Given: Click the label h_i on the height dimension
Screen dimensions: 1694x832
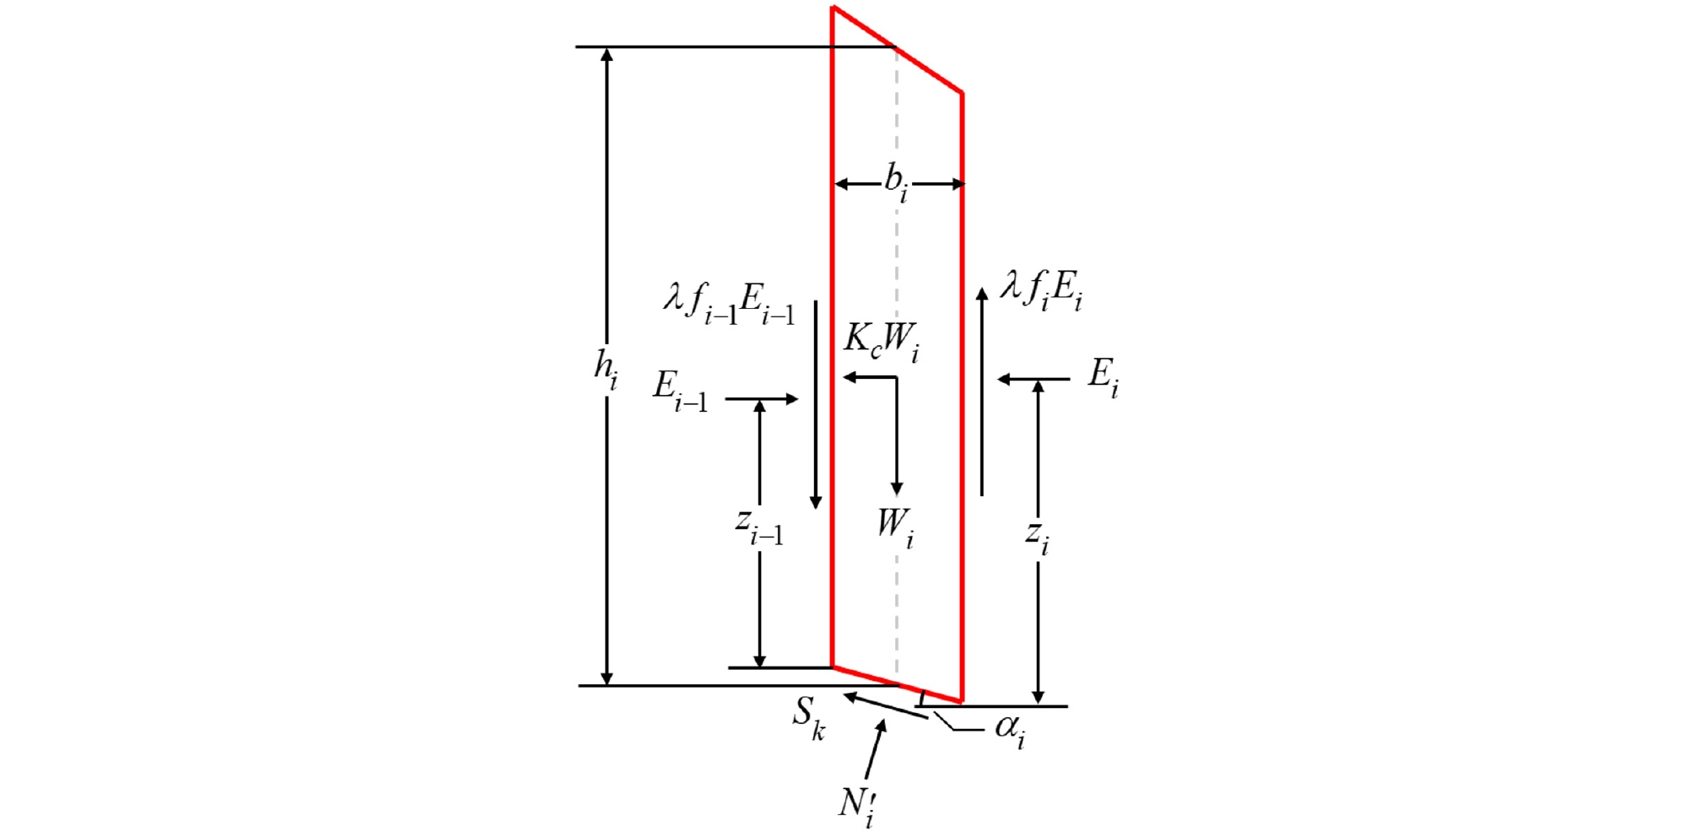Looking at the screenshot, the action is [x=606, y=369].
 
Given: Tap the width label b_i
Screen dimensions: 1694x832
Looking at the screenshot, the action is [x=896, y=182].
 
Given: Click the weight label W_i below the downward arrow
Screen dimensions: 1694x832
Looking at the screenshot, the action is [x=895, y=527].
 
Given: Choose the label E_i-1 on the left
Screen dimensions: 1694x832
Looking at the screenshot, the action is [x=680, y=391].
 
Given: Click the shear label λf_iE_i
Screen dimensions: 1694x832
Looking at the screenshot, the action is [x=1041, y=290].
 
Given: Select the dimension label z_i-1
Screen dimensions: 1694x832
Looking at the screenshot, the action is [x=759, y=527].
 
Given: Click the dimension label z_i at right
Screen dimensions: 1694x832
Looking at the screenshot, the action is [x=1038, y=537].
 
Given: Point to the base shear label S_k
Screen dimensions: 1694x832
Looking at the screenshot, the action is [x=808, y=717].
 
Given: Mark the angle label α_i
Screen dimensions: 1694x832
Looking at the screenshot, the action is [x=1010, y=729].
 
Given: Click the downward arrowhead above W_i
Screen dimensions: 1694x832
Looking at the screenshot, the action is [x=897, y=489].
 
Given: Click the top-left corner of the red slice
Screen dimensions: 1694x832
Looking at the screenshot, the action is [x=833, y=8].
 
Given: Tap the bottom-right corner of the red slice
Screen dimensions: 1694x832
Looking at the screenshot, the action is [x=962, y=701].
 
